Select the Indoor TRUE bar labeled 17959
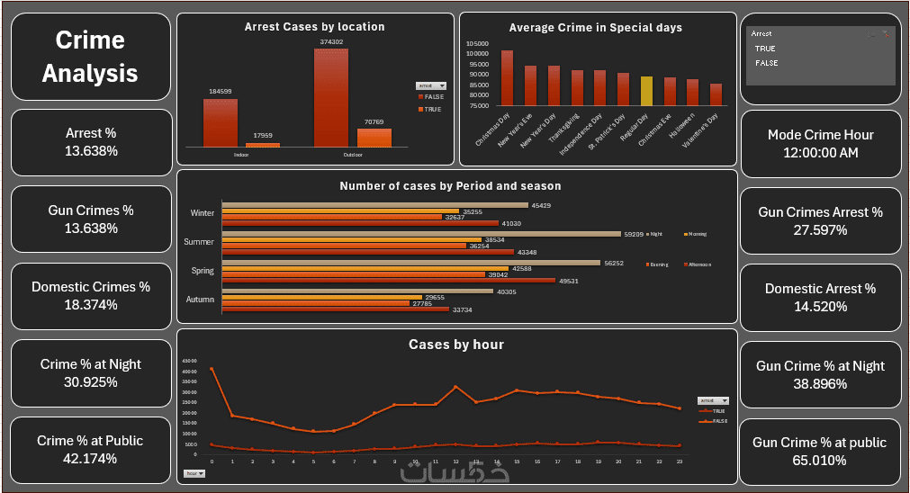point(263,145)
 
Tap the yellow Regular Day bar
point(646,92)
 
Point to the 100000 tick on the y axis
point(477,53)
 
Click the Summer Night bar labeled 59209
point(421,233)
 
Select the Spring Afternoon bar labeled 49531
point(389,281)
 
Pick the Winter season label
point(203,213)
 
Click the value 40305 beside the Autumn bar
point(509,291)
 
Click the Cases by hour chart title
point(455,345)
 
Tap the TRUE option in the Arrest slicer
point(765,49)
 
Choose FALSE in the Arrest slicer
point(767,63)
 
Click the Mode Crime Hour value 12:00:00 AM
point(820,153)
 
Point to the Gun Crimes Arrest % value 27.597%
point(820,230)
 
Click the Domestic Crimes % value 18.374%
point(91,305)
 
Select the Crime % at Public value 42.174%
point(91,459)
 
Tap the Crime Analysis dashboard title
point(90,56)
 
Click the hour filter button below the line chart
point(194,472)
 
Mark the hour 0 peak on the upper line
point(212,369)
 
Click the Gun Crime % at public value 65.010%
point(820,461)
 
